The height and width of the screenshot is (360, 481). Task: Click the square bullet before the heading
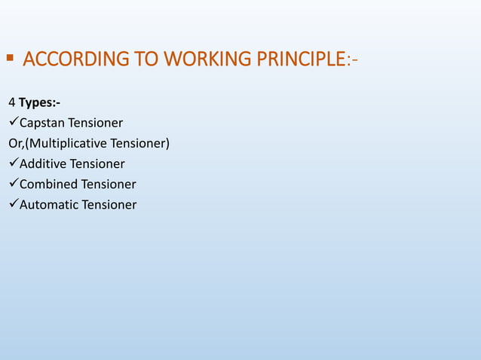click(x=10, y=57)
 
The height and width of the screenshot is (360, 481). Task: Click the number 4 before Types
click(x=11, y=102)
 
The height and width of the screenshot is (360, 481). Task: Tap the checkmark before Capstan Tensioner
click(x=13, y=122)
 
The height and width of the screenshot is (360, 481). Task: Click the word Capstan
click(x=42, y=123)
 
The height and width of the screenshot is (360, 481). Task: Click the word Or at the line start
click(x=15, y=143)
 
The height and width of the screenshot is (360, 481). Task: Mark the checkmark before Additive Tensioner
click(x=13, y=163)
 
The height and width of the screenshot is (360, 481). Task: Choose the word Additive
click(x=43, y=163)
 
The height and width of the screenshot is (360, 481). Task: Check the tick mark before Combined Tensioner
click(x=13, y=184)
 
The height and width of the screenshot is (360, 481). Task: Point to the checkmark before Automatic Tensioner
click(x=13, y=204)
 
